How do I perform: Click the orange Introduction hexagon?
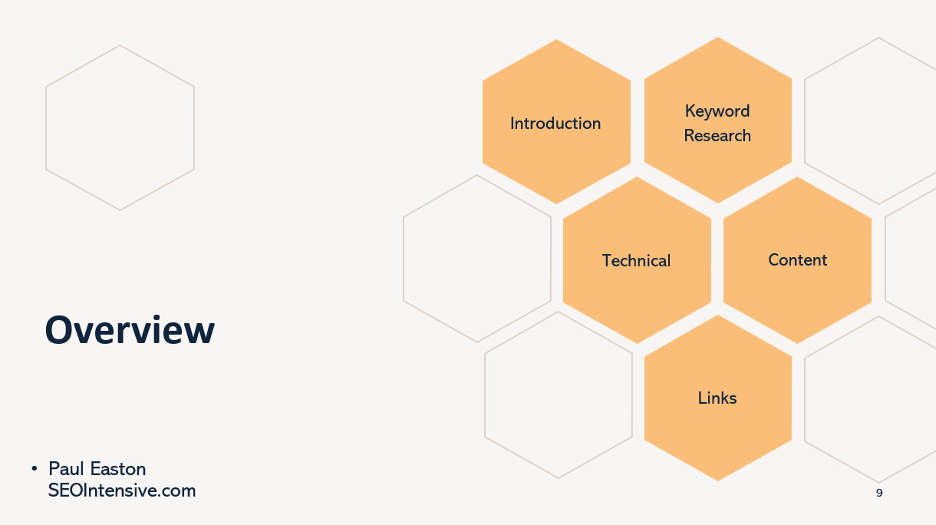pyautogui.click(x=556, y=121)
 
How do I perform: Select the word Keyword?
pyautogui.click(x=717, y=111)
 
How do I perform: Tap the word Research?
pyautogui.click(x=717, y=135)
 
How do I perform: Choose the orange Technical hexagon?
pyautogui.click(x=637, y=260)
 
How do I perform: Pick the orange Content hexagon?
pyautogui.click(x=797, y=260)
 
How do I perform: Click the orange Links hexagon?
pyautogui.click(x=718, y=398)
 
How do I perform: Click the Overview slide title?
pyautogui.click(x=130, y=330)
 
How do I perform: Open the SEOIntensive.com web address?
pyautogui.click(x=121, y=490)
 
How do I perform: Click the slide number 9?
pyautogui.click(x=879, y=494)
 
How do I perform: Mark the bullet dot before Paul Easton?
pyautogui.click(x=35, y=468)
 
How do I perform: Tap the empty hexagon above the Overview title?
pyautogui.click(x=45, y=128)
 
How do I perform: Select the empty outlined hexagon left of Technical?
pyautogui.click(x=404, y=259)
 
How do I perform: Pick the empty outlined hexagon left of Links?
pyautogui.click(x=485, y=395)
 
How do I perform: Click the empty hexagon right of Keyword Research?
pyautogui.click(x=805, y=121)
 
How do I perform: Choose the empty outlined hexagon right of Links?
pyautogui.click(x=805, y=399)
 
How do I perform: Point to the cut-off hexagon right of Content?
pyautogui.click(x=885, y=259)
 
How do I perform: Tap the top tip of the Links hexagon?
pyautogui.click(x=718, y=315)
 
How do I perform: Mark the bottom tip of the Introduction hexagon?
pyautogui.click(x=556, y=204)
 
